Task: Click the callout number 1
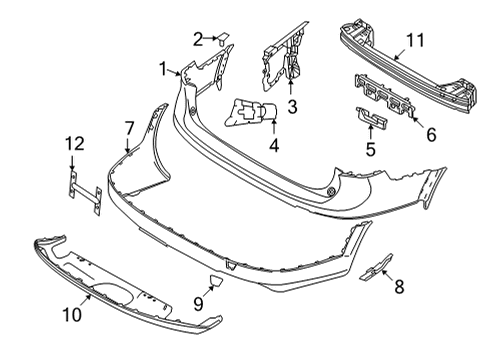click(x=162, y=69)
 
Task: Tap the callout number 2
click(x=198, y=39)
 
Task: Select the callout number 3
click(x=291, y=106)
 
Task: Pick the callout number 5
click(x=369, y=150)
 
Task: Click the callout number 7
click(x=128, y=126)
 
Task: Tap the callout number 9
click(x=197, y=301)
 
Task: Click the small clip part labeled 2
click(x=224, y=40)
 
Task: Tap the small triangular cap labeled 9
click(x=218, y=281)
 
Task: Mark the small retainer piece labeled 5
click(x=373, y=122)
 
